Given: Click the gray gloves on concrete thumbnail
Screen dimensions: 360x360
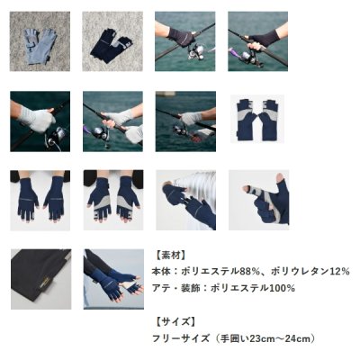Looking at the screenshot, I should click(x=40, y=41).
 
